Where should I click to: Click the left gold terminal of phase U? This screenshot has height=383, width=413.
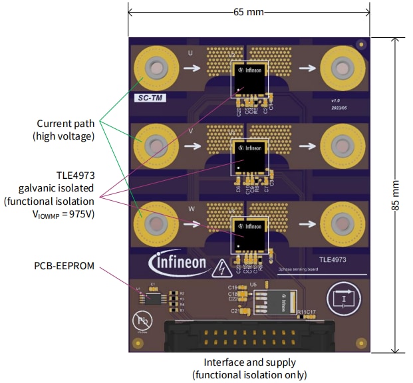coord(155,68)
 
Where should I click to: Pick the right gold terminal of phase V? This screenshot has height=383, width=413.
coord(340,145)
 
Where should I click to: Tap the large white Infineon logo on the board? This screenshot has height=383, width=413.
coord(178,262)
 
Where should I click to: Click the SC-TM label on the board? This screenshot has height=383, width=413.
coord(150,97)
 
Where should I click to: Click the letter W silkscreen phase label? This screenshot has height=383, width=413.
coord(192,208)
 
